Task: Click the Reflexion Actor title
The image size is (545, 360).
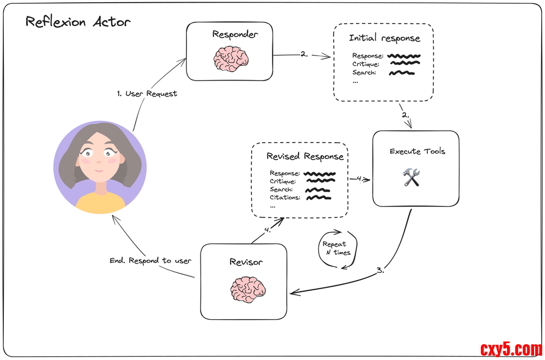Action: [78, 23]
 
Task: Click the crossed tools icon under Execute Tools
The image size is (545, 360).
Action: [411, 177]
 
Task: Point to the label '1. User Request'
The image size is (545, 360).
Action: [147, 94]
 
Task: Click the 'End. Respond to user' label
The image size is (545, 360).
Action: [150, 260]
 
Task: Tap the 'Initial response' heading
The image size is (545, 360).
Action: [384, 39]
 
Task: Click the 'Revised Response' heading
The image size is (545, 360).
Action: [305, 157]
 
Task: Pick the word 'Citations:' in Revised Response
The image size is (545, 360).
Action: [284, 197]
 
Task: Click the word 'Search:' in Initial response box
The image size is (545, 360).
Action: [364, 72]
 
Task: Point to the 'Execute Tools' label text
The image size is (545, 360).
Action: [417, 151]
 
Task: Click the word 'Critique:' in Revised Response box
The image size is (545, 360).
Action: [283, 181]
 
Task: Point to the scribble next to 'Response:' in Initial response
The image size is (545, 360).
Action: [404, 56]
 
